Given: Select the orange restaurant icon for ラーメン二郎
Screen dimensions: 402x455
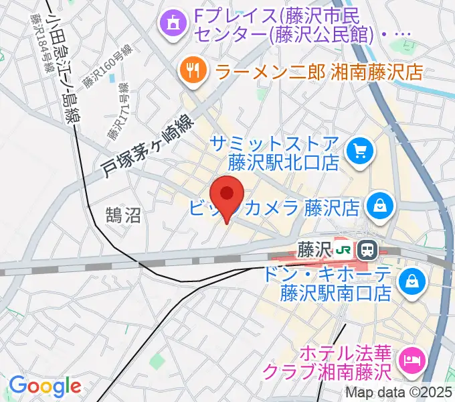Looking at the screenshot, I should (193, 70).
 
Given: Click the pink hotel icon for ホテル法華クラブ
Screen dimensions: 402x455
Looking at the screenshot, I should (410, 360).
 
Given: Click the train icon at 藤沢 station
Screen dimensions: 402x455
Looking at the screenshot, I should (367, 250).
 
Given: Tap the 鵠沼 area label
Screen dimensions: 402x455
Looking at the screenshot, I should (123, 214).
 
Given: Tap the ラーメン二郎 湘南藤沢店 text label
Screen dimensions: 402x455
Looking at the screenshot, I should (319, 70).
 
